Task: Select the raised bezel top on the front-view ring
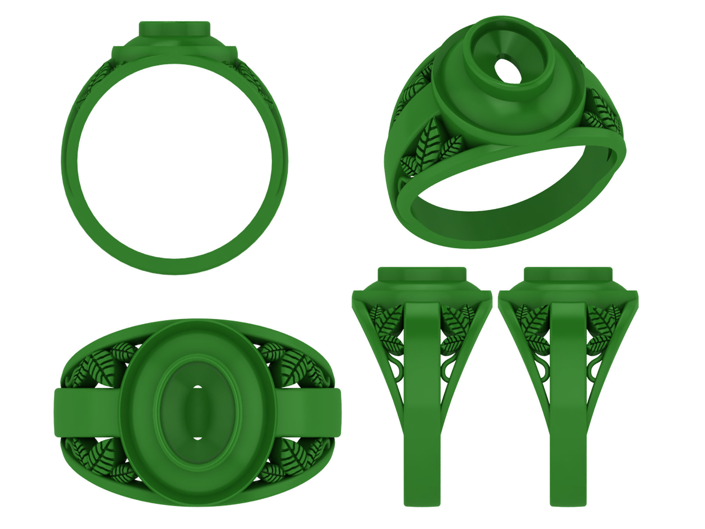[175, 29]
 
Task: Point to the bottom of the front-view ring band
[175, 266]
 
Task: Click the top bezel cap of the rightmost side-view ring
[568, 274]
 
